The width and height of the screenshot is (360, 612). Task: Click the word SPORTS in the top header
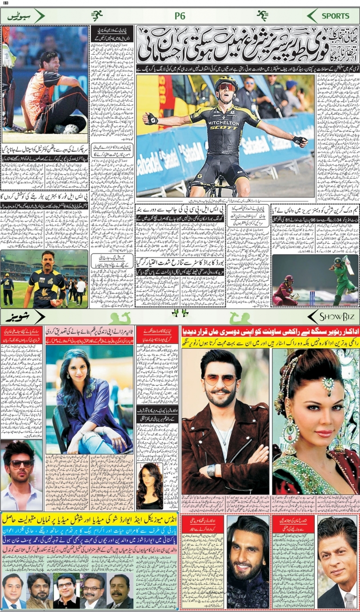click(x=336, y=16)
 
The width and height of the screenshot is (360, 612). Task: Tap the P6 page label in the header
click(x=180, y=16)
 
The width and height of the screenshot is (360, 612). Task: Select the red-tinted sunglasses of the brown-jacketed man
click(x=220, y=380)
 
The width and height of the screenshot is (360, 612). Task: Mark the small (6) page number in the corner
click(x=6, y=4)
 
